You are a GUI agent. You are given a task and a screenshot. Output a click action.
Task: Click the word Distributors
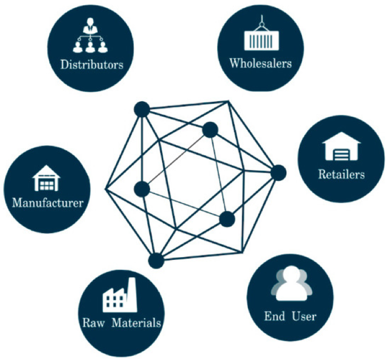point(92,65)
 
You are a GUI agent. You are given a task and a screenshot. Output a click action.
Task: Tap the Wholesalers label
point(261,63)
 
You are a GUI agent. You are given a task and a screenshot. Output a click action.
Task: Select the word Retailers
point(341,174)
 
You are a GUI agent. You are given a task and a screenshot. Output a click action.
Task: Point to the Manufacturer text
point(48,203)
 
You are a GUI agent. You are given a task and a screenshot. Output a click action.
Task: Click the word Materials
point(137,323)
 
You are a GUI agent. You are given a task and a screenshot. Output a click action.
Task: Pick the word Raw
point(93,323)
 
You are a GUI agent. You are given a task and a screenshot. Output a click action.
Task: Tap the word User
point(304,316)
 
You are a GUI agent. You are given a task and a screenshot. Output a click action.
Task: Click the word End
point(275,316)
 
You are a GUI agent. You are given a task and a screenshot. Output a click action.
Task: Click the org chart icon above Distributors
point(90,35)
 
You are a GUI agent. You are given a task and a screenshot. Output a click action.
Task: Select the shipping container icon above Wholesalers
point(261,33)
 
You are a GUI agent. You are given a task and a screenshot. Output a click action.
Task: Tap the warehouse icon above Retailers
point(341,146)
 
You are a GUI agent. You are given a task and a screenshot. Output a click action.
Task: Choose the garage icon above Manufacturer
point(46,178)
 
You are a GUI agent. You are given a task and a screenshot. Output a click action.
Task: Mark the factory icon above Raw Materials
point(120,295)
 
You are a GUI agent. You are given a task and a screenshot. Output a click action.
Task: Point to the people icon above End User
point(292,283)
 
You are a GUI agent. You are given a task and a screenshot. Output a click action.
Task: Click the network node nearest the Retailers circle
point(278,172)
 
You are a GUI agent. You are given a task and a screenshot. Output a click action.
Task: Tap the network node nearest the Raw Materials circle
point(156,260)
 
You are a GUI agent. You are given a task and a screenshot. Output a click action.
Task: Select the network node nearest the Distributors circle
point(142,109)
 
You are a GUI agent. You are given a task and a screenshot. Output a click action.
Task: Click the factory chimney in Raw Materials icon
point(132,293)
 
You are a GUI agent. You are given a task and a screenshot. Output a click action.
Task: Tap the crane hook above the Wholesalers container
point(261,22)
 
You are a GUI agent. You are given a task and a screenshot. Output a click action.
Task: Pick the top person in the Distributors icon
point(90,25)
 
